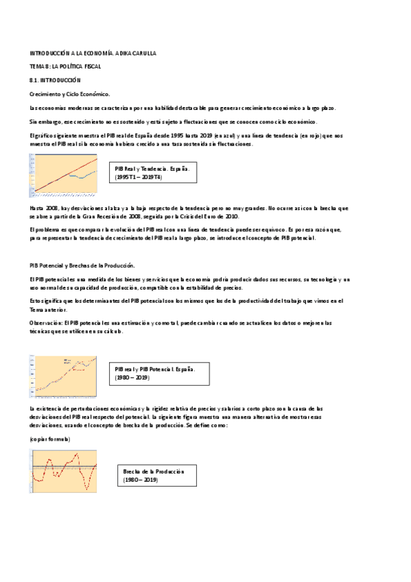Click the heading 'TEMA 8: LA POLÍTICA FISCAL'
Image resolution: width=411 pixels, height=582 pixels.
click(65, 66)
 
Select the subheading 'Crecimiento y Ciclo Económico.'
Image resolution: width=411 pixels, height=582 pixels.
click(69, 93)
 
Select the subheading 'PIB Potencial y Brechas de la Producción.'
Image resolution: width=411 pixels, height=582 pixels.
click(82, 265)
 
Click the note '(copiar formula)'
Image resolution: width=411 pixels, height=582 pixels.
click(49, 438)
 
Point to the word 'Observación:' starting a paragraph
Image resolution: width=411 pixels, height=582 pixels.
click(43, 322)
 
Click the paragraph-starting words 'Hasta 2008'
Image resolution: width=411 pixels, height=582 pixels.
click(43, 207)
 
